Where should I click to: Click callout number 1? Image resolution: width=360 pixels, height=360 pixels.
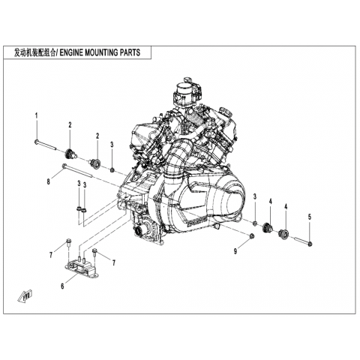(x=37, y=116)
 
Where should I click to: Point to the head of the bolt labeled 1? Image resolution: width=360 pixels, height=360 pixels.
(x=36, y=142)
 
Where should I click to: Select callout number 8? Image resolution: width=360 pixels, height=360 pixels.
(x=49, y=181)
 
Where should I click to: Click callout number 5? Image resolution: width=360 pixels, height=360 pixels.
(x=310, y=217)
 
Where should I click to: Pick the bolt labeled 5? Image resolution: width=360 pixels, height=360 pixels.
(x=303, y=241)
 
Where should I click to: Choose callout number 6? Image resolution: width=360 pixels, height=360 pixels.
(x=62, y=286)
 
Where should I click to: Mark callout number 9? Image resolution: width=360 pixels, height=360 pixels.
(x=235, y=251)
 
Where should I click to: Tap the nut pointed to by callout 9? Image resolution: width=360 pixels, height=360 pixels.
(x=252, y=235)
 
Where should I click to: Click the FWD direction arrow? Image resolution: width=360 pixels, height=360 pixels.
(x=25, y=295)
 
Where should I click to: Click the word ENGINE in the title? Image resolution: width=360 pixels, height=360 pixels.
(x=71, y=53)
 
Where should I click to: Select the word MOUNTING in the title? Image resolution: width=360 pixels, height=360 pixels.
(x=101, y=53)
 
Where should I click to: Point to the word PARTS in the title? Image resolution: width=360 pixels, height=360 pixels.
(x=130, y=53)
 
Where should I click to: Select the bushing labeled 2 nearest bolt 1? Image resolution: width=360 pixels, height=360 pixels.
(x=71, y=153)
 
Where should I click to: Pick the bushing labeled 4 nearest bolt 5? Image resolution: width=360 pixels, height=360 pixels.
(x=283, y=233)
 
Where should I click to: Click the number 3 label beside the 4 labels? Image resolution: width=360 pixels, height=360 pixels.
(x=255, y=196)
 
